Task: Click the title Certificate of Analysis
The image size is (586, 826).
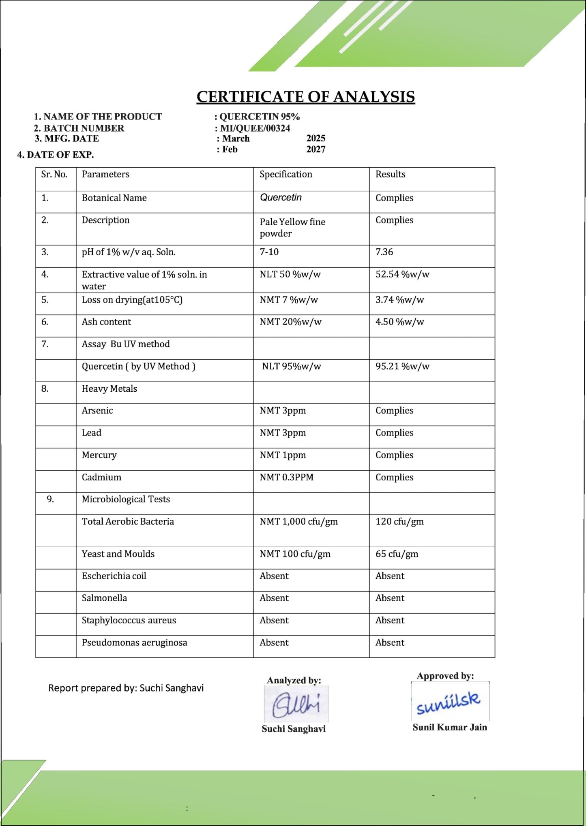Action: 306,97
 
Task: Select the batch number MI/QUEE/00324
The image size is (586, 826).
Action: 255,128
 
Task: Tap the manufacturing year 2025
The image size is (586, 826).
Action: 316,138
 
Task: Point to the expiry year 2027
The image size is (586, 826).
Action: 316,149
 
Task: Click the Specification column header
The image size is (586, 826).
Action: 286,174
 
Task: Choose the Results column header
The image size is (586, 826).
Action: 390,174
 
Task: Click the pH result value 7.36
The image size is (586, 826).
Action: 384,252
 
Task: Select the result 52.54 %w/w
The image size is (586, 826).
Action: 402,274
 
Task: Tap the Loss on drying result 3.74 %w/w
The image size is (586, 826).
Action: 399,300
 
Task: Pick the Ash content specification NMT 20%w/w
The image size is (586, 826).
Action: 290,322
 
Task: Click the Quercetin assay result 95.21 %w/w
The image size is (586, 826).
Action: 402,366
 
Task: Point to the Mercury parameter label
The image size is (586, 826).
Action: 99,455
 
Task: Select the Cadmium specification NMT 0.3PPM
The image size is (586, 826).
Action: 286,477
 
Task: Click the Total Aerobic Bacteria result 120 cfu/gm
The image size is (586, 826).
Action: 399,521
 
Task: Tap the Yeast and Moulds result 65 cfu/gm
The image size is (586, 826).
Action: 397,554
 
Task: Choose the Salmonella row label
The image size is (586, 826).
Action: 104,598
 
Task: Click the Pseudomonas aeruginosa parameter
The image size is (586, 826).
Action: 134,642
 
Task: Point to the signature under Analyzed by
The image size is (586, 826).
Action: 296,705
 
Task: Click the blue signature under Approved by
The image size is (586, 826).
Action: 449,702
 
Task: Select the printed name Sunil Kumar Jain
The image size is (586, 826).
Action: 450,727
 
